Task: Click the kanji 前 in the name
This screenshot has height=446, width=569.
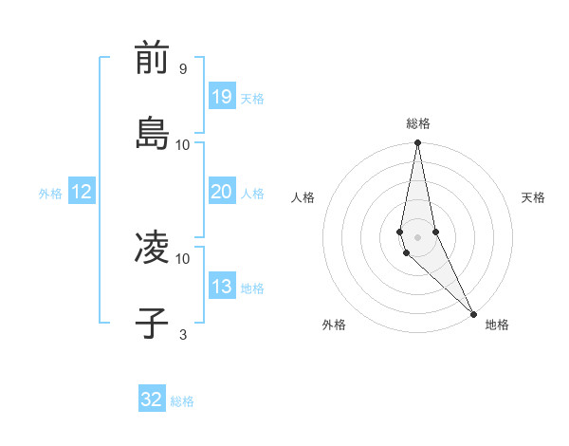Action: point(152,59)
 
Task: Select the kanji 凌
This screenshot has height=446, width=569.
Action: point(152,248)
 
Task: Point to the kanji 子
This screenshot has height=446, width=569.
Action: point(152,323)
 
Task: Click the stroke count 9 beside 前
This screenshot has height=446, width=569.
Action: point(182,69)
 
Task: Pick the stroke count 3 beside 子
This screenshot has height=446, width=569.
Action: point(182,334)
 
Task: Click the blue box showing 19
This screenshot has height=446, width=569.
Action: point(221,97)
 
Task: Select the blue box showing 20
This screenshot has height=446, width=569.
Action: point(221,192)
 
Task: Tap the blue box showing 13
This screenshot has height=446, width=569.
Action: point(221,287)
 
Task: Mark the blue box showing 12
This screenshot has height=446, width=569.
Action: point(82,192)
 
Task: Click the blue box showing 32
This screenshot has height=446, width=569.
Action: point(152,400)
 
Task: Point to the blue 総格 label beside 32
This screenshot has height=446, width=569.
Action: point(182,401)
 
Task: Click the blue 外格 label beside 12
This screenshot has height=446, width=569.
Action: point(50,194)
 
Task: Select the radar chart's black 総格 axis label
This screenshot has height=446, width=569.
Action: point(418,123)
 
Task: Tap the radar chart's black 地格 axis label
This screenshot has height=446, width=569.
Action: point(497,325)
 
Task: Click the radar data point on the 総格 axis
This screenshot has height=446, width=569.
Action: point(418,143)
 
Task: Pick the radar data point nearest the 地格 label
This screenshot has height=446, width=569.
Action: point(472,313)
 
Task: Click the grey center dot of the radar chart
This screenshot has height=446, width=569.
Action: point(418,236)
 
